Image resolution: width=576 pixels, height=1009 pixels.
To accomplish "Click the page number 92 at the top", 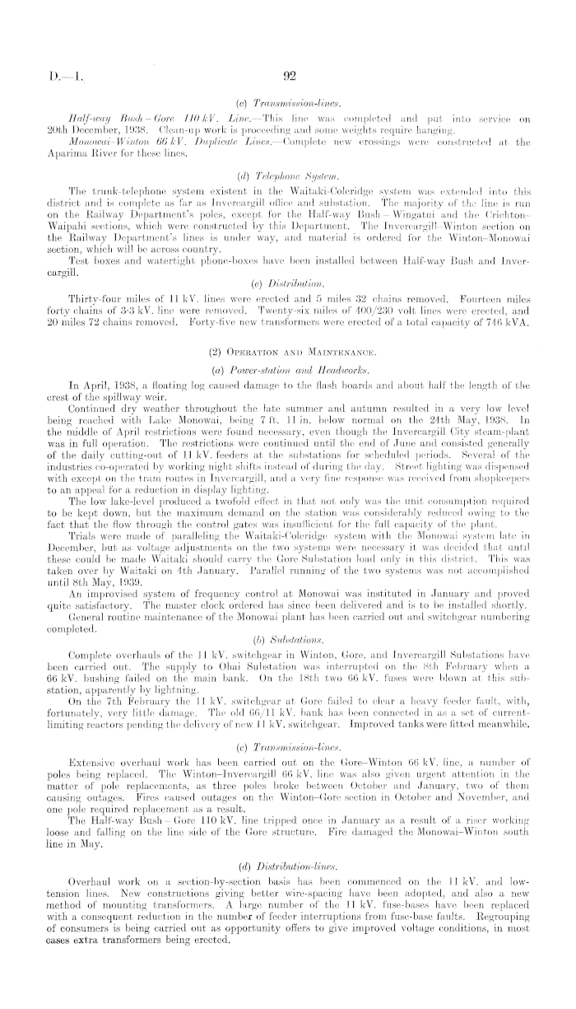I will click(x=289, y=79).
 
